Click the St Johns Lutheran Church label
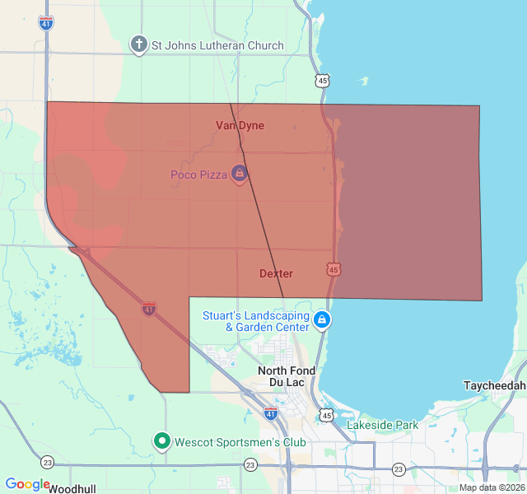(217, 45)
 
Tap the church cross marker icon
(139, 44)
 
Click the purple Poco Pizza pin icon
(239, 173)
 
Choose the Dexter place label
(276, 273)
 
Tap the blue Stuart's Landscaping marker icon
(322, 319)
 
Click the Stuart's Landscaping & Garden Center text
(256, 320)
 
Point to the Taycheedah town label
(494, 385)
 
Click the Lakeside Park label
(382, 425)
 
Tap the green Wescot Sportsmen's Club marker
(162, 442)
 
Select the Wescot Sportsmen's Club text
(240, 442)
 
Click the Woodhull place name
(72, 488)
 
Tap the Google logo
(27, 484)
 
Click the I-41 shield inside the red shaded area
(148, 308)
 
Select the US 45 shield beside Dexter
(333, 269)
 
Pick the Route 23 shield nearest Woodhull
(47, 462)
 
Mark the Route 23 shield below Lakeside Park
(399, 468)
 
